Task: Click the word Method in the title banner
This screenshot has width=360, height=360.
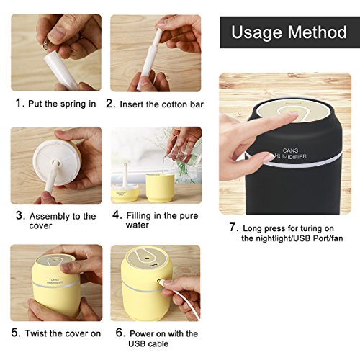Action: click(x=317, y=32)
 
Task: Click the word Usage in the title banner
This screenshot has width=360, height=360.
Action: click(x=257, y=32)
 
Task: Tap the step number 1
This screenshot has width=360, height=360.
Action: click(x=19, y=103)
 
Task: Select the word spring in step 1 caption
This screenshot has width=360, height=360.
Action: click(x=72, y=104)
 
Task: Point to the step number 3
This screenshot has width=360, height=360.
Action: click(x=19, y=215)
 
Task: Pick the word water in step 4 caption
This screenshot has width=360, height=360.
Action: click(x=138, y=225)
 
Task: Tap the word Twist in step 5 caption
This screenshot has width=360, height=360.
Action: click(x=37, y=333)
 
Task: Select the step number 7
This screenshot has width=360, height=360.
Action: click(x=233, y=227)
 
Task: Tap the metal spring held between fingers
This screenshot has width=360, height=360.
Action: click(x=47, y=45)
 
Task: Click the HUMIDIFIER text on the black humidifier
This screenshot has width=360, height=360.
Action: click(x=290, y=156)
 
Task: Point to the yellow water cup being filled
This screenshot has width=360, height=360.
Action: click(x=160, y=187)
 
